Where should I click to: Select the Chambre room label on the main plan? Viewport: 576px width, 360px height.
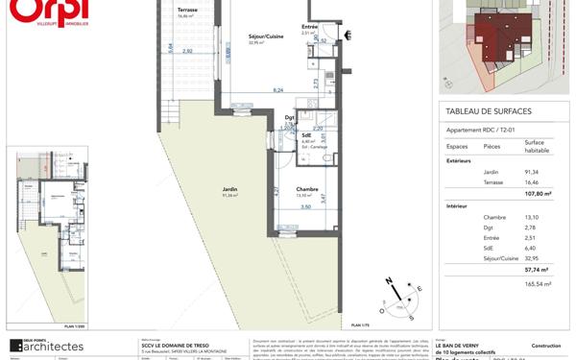307,189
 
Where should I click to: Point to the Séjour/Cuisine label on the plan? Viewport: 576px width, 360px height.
255,36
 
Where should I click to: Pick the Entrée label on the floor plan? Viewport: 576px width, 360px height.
310,27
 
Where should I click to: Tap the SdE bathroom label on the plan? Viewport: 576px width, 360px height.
306,135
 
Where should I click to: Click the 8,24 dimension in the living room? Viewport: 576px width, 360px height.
277,89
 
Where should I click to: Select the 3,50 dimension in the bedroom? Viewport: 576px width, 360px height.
306,207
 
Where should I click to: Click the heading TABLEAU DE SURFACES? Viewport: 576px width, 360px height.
489,111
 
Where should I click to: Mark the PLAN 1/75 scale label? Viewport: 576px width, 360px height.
359,324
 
